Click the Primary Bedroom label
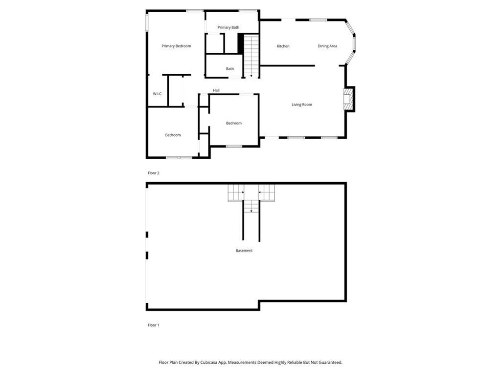pos(176,46)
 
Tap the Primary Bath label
pos(228,27)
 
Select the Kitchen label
pos(283,46)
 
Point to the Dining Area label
pos(327,46)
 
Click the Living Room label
pos(302,104)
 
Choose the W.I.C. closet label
pos(157,94)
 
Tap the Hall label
pos(216,90)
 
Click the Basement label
pos(244,250)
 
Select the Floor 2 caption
pos(154,173)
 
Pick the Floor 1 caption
pos(154,325)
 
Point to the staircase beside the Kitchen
pos(251,56)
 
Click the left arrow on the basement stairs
pos(260,192)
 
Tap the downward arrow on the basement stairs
pos(251,210)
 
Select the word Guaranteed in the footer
pos(328,362)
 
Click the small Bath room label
pos(230,69)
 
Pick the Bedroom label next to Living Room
pos(234,123)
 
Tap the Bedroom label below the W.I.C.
pos(173,135)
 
